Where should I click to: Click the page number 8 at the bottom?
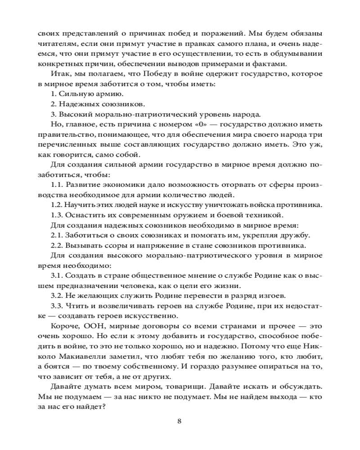pos(180,421)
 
